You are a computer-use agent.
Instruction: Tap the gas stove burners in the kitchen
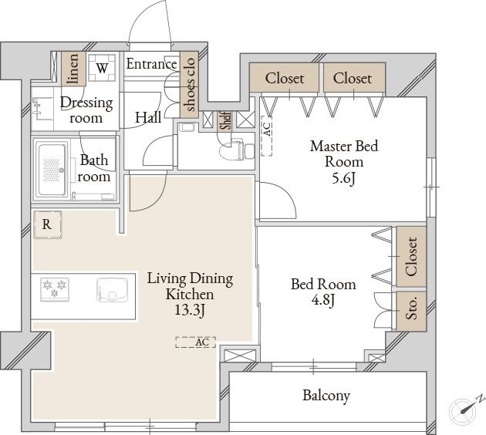55,289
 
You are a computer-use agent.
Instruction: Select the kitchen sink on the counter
112,290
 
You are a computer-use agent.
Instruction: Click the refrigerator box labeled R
47,224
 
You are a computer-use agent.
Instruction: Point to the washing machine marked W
102,68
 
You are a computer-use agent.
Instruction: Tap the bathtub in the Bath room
52,169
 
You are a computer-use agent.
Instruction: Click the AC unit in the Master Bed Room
267,136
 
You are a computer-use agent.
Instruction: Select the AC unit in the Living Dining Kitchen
195,342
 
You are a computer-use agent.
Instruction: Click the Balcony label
326,396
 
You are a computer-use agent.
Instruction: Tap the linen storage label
73,69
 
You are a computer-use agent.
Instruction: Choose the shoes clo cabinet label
189,84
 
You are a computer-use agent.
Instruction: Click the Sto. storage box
411,311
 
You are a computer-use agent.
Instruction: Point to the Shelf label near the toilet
226,120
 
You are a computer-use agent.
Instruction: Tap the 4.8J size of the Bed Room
323,300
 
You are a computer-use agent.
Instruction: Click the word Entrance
151,64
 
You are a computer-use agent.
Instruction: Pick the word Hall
148,117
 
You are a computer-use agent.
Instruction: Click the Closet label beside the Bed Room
411,257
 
